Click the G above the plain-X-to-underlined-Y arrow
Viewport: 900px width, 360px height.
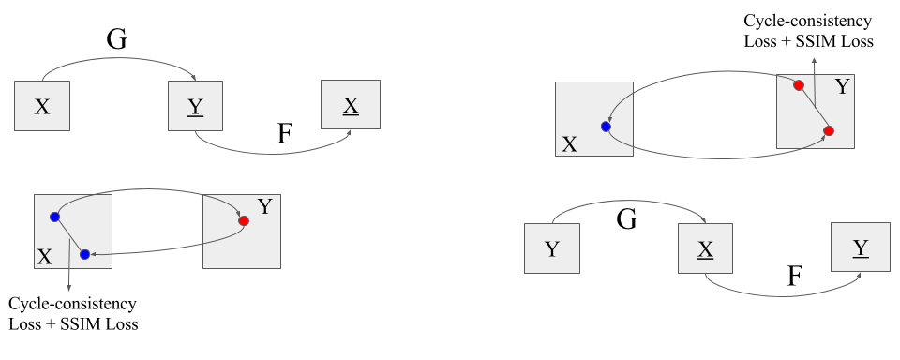click(x=117, y=38)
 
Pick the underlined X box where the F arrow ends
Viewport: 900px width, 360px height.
click(x=350, y=104)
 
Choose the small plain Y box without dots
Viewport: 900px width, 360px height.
click(x=551, y=247)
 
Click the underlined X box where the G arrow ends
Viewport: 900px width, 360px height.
click(x=705, y=247)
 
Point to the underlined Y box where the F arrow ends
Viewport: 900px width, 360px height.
click(x=860, y=247)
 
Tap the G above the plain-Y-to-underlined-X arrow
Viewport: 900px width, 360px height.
click(x=627, y=220)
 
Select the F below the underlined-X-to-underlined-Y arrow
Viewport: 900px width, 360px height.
click(x=795, y=276)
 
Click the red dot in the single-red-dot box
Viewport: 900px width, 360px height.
click(x=244, y=221)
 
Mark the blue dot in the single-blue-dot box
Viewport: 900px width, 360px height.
click(x=606, y=126)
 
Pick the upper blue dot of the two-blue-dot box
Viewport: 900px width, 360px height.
click(x=54, y=217)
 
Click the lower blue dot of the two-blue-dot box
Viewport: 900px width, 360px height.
click(x=84, y=254)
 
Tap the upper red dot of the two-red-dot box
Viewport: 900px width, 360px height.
click(x=799, y=85)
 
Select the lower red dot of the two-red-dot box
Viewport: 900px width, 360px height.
click(x=829, y=130)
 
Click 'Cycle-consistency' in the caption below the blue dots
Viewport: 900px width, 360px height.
click(x=71, y=304)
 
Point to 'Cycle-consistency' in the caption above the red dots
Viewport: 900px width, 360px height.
click(x=807, y=20)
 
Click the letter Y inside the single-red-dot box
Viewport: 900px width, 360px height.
click(x=264, y=206)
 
